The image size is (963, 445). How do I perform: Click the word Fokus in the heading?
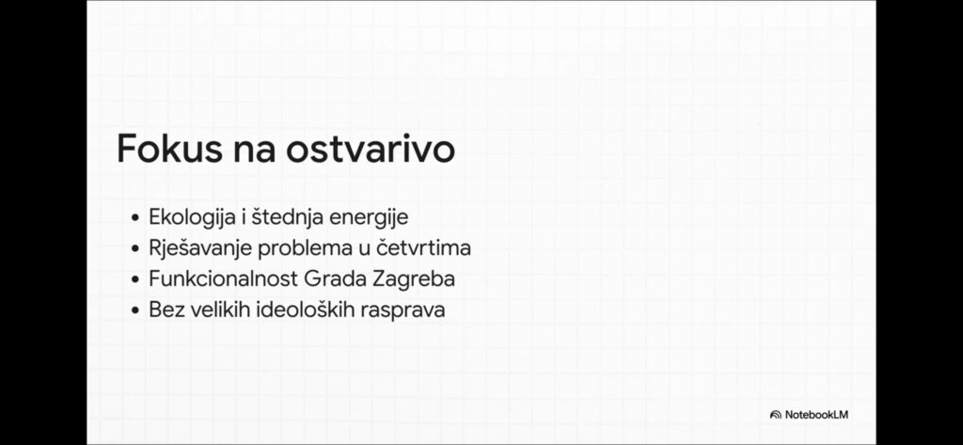tap(169, 149)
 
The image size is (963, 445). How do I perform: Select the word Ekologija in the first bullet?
tap(197, 218)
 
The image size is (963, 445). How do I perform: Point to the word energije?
tap(369, 218)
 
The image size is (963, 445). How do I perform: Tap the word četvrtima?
tap(423, 247)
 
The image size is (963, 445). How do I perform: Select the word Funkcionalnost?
tap(224, 278)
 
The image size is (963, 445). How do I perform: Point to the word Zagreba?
tap(414, 279)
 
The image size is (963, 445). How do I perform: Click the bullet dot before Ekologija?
tap(135, 218)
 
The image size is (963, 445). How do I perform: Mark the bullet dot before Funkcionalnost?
tap(135, 279)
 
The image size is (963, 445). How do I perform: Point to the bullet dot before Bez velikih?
tap(135, 310)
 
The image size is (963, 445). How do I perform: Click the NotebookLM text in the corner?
tap(817, 415)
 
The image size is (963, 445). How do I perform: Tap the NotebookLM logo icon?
tap(775, 415)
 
